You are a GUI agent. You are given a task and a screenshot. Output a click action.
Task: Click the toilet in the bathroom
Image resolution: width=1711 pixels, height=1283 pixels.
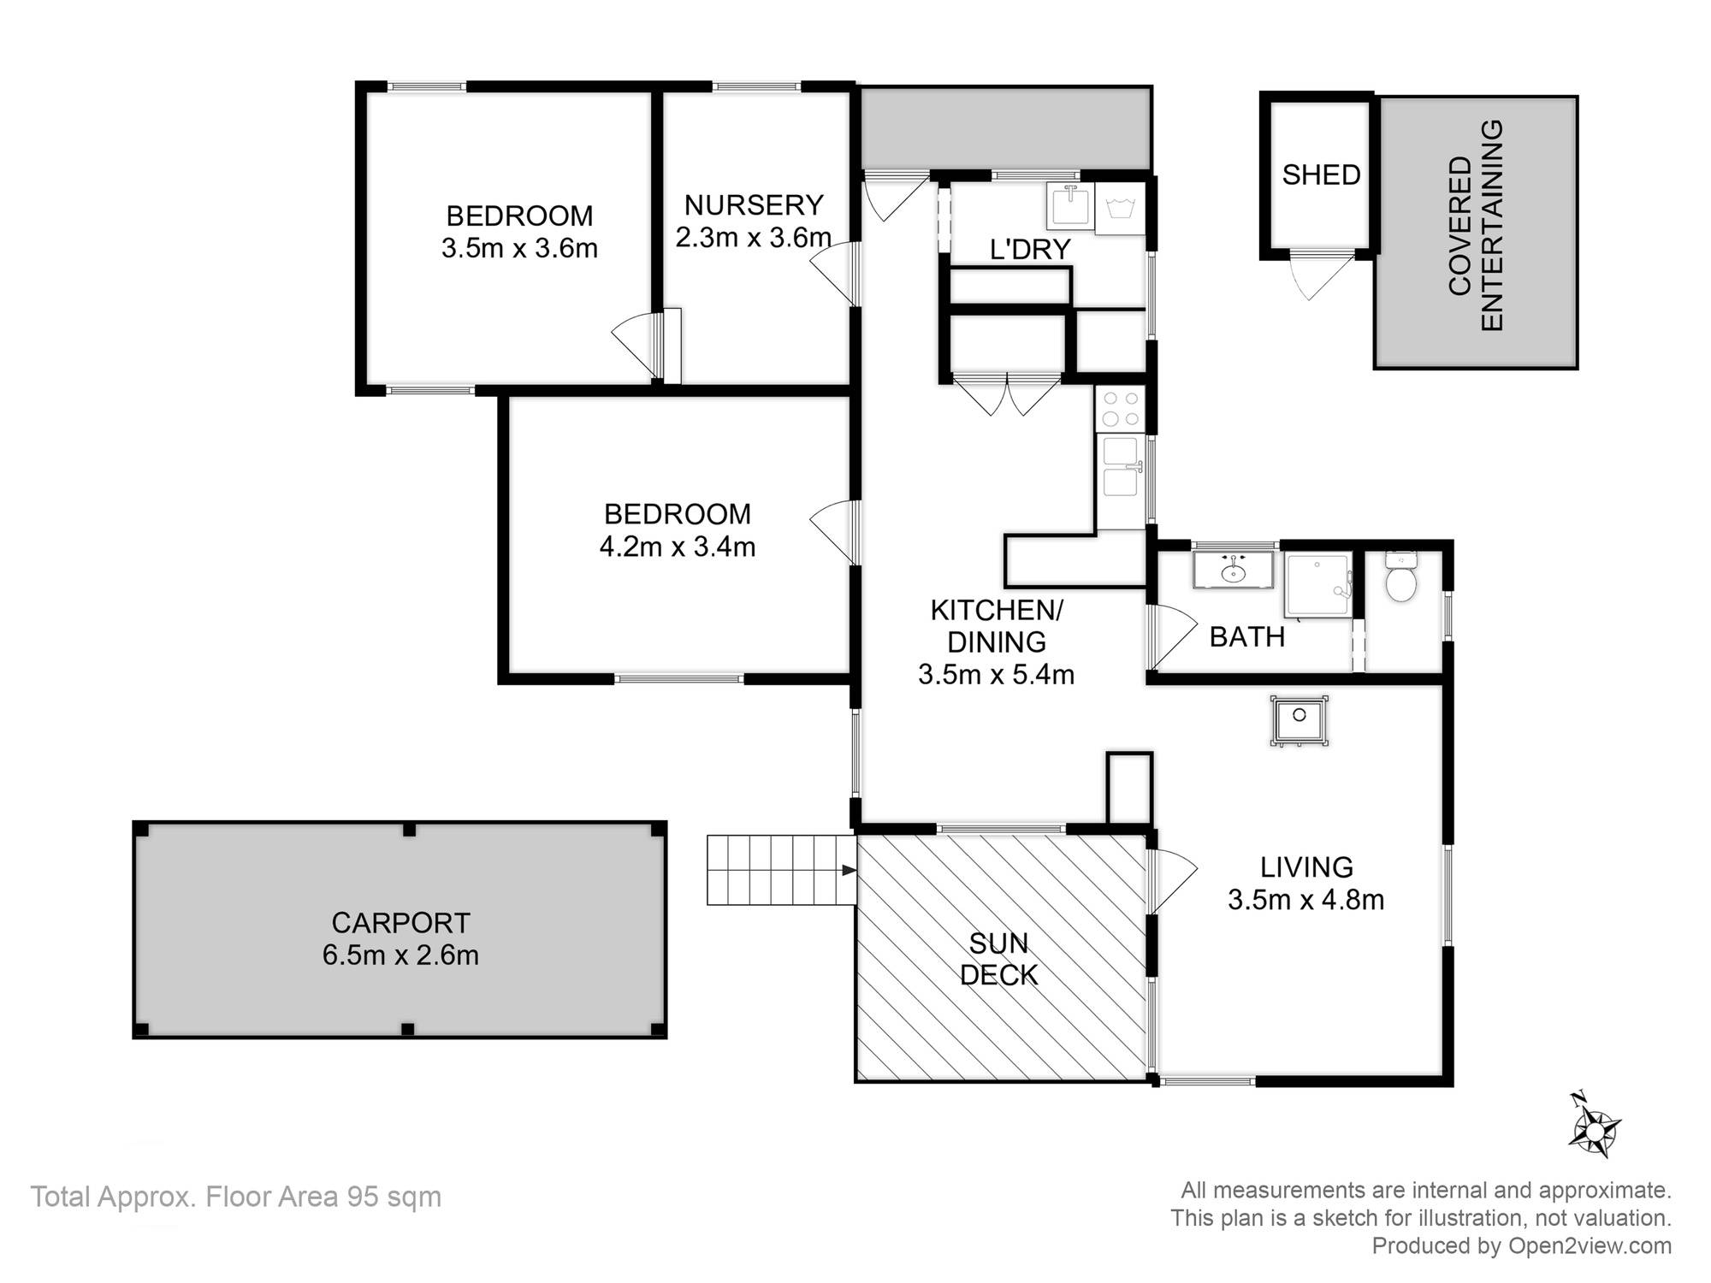[x=1401, y=577]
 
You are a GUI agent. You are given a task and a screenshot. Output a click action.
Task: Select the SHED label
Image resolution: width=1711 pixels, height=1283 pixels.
[x=1321, y=174]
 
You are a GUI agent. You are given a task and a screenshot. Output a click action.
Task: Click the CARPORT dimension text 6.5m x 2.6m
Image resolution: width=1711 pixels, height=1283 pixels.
[x=400, y=955]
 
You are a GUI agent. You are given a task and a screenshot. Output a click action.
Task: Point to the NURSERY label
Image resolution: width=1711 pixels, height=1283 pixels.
[x=754, y=205]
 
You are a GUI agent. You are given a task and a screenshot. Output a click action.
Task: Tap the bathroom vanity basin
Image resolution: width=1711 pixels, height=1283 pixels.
[x=1233, y=570]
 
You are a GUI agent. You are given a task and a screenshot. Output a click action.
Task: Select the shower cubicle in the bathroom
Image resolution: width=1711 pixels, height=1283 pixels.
[x=1318, y=585]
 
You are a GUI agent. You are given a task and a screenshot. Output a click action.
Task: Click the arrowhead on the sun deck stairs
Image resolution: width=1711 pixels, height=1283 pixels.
[x=849, y=870]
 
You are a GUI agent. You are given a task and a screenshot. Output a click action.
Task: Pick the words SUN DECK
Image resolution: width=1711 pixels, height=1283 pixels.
[x=998, y=959]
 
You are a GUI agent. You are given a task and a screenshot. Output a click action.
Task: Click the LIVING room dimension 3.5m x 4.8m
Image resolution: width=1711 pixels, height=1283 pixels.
[x=1305, y=900]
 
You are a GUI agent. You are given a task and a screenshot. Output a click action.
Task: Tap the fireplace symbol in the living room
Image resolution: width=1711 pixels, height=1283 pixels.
[x=1299, y=720]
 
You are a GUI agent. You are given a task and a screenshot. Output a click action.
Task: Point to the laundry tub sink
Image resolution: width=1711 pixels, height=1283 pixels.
[x=1069, y=206]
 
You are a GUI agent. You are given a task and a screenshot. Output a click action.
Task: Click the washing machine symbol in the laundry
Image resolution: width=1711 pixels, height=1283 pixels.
[x=1119, y=209]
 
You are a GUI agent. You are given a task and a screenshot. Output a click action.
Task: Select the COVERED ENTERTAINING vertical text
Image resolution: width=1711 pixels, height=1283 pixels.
[x=1476, y=226]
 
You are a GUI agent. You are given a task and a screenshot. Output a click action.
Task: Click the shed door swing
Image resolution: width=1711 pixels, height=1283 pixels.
[x=1308, y=275]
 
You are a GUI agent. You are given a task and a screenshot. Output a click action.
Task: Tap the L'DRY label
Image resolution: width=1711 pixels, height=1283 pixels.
[x=1030, y=249]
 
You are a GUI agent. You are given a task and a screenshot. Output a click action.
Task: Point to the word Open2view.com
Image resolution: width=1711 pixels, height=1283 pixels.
[x=1590, y=1245]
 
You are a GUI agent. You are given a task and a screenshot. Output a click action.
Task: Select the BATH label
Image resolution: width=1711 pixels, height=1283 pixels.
[x=1246, y=636]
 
